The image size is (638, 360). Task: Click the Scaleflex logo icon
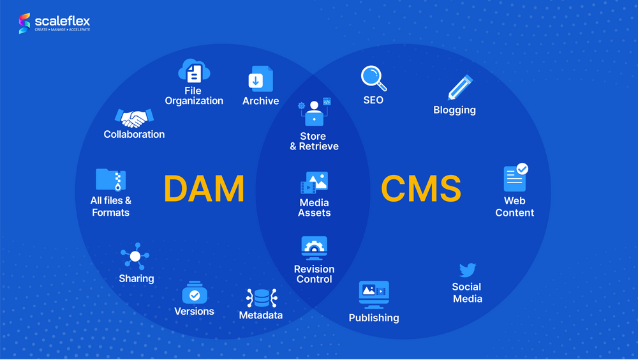(x=25, y=23)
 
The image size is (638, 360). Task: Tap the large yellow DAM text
(x=204, y=189)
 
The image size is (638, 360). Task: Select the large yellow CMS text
(x=421, y=189)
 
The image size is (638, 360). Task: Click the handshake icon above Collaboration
(x=134, y=117)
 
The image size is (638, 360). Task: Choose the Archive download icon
(x=260, y=80)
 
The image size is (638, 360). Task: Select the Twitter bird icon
(x=468, y=270)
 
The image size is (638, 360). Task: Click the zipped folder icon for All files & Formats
(x=110, y=180)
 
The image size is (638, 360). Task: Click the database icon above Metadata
(x=261, y=298)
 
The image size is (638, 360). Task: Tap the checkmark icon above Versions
(x=195, y=294)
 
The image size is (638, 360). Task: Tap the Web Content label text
(x=515, y=207)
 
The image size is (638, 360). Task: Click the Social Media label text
(x=468, y=293)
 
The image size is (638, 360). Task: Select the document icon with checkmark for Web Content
(x=515, y=178)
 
